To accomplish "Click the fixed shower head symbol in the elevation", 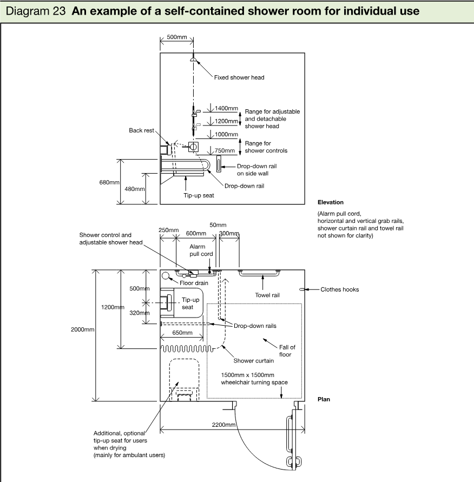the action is pyautogui.click(x=193, y=60).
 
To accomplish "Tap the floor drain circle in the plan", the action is pyautogui.click(x=166, y=275).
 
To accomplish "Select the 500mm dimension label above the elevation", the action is pyautogui.click(x=177, y=37).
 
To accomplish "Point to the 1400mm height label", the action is pyautogui.click(x=226, y=108).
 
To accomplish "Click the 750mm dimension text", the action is pyautogui.click(x=225, y=150).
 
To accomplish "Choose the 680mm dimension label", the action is pyautogui.click(x=109, y=182).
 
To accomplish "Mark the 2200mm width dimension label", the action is pyautogui.click(x=224, y=425).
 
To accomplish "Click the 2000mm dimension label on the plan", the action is pyautogui.click(x=82, y=329).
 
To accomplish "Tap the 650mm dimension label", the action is pyautogui.click(x=182, y=333).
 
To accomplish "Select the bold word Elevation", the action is pyautogui.click(x=331, y=202).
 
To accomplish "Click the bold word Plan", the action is pyautogui.click(x=324, y=399).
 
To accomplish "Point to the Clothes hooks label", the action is pyautogui.click(x=340, y=289).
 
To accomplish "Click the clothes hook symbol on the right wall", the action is pyautogui.click(x=302, y=289).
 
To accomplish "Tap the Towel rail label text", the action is pyautogui.click(x=267, y=295).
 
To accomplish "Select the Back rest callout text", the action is pyautogui.click(x=141, y=130).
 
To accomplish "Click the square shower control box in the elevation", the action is pyautogui.click(x=193, y=147).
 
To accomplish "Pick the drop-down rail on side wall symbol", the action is pyautogui.click(x=219, y=164).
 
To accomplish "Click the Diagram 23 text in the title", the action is pyautogui.click(x=36, y=11).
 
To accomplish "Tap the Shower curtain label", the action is pyautogui.click(x=254, y=361).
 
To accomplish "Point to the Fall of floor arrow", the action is pyautogui.click(x=270, y=344).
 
